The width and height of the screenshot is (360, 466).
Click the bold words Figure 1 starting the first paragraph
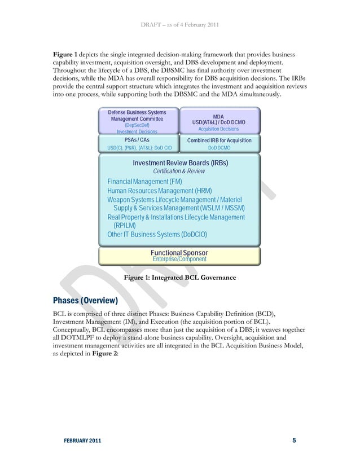point(67,53)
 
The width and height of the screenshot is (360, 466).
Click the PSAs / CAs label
point(137,139)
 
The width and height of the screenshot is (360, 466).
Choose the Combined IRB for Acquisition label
point(218,140)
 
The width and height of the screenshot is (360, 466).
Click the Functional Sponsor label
point(179,252)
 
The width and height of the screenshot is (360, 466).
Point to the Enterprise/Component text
point(179,259)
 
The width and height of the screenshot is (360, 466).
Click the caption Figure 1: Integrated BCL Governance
point(179,278)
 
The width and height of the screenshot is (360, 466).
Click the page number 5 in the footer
point(294,440)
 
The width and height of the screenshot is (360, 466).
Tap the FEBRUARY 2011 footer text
point(78,441)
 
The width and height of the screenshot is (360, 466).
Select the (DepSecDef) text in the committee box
point(137,125)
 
